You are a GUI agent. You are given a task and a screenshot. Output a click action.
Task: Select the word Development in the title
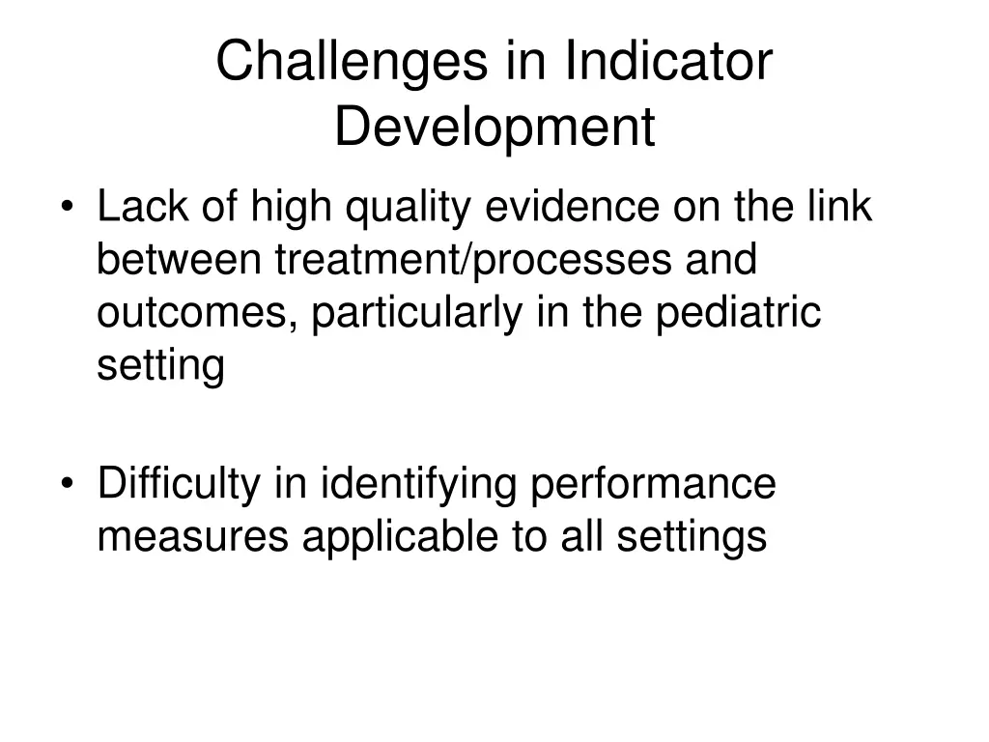(494, 128)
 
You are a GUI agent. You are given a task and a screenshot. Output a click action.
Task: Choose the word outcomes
(197, 314)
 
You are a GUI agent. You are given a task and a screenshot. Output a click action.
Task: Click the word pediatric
(738, 314)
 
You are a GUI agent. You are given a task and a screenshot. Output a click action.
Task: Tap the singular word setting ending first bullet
(160, 368)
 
